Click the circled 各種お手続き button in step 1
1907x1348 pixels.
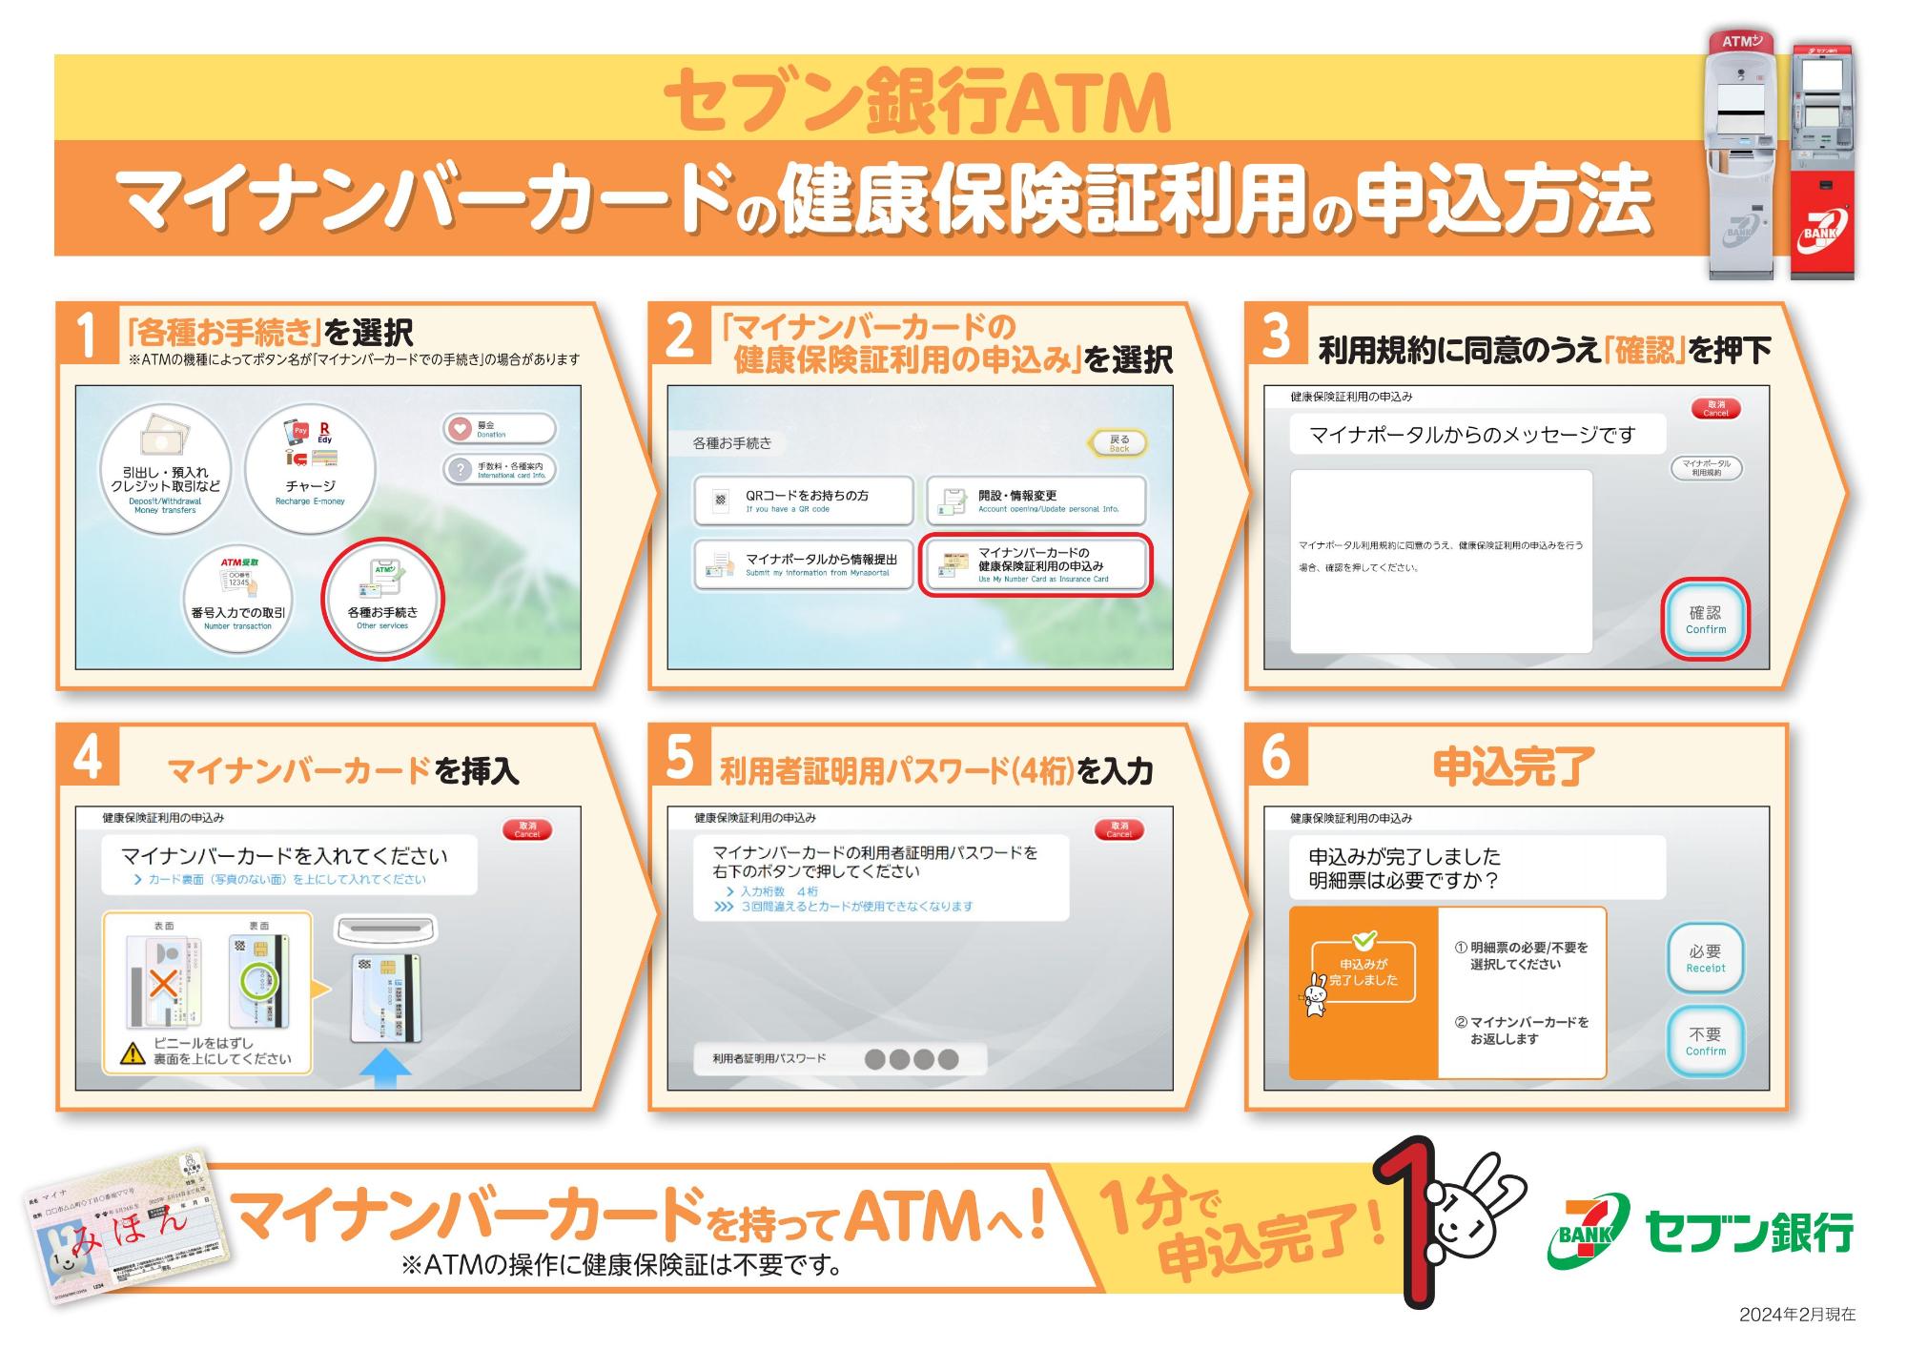[382, 599]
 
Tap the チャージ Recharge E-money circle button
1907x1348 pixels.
[310, 468]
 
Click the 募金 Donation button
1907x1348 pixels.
[499, 429]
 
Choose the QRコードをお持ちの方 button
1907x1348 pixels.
[804, 500]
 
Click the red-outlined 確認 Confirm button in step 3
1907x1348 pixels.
[1705, 620]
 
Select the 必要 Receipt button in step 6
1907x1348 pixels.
[1705, 958]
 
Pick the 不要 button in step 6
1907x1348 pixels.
[1705, 1041]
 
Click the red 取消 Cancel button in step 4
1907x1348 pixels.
[526, 829]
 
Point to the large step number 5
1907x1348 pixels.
[679, 756]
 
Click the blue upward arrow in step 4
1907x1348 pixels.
[385, 1068]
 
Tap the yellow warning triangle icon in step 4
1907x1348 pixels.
[132, 1053]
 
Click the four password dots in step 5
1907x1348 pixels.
[911, 1059]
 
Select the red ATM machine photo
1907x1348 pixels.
[1821, 162]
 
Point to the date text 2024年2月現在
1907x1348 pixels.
[1796, 1315]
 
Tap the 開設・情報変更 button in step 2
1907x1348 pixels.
[1036, 500]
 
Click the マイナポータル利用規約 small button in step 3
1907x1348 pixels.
[1706, 467]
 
